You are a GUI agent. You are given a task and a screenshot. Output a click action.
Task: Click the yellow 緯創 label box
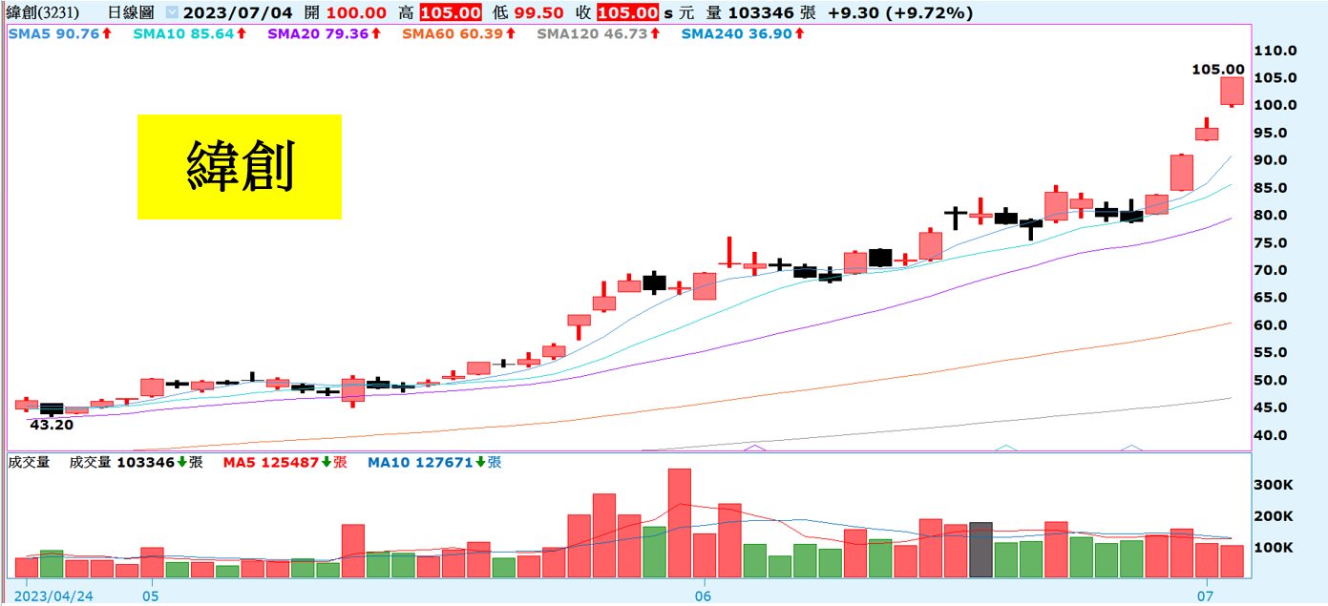pos(239,167)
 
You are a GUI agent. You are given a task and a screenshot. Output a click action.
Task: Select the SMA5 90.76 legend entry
pos(59,33)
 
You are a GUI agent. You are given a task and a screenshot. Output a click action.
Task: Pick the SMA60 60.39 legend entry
pos(458,33)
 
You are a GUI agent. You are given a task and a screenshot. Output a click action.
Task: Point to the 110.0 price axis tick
pos(1275,51)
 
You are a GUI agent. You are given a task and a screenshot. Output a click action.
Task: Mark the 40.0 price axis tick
pos(1275,435)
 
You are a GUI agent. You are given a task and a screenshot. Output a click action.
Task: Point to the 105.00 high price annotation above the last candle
pos(1218,69)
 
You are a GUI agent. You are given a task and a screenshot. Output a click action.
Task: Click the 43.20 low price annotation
pos(53,425)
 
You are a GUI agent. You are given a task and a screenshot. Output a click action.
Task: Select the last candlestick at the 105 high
pos(1232,92)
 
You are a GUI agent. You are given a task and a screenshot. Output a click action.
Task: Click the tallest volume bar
pos(679,523)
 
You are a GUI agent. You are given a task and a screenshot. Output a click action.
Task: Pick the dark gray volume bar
pos(980,550)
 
